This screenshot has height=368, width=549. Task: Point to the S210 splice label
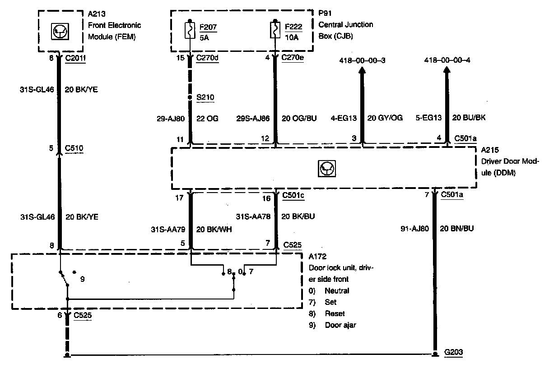(205, 97)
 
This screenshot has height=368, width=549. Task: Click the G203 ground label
(454, 352)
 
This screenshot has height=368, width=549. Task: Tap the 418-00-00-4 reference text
(447, 60)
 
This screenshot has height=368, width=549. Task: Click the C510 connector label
(74, 148)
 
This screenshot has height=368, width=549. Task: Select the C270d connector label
(208, 58)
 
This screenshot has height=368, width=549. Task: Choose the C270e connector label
(292, 58)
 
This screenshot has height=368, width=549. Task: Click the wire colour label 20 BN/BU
(456, 229)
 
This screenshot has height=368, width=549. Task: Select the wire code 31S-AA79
(167, 229)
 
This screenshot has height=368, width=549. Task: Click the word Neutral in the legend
(337, 291)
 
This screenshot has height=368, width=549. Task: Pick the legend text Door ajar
(340, 325)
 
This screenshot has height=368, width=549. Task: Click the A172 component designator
(317, 257)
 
